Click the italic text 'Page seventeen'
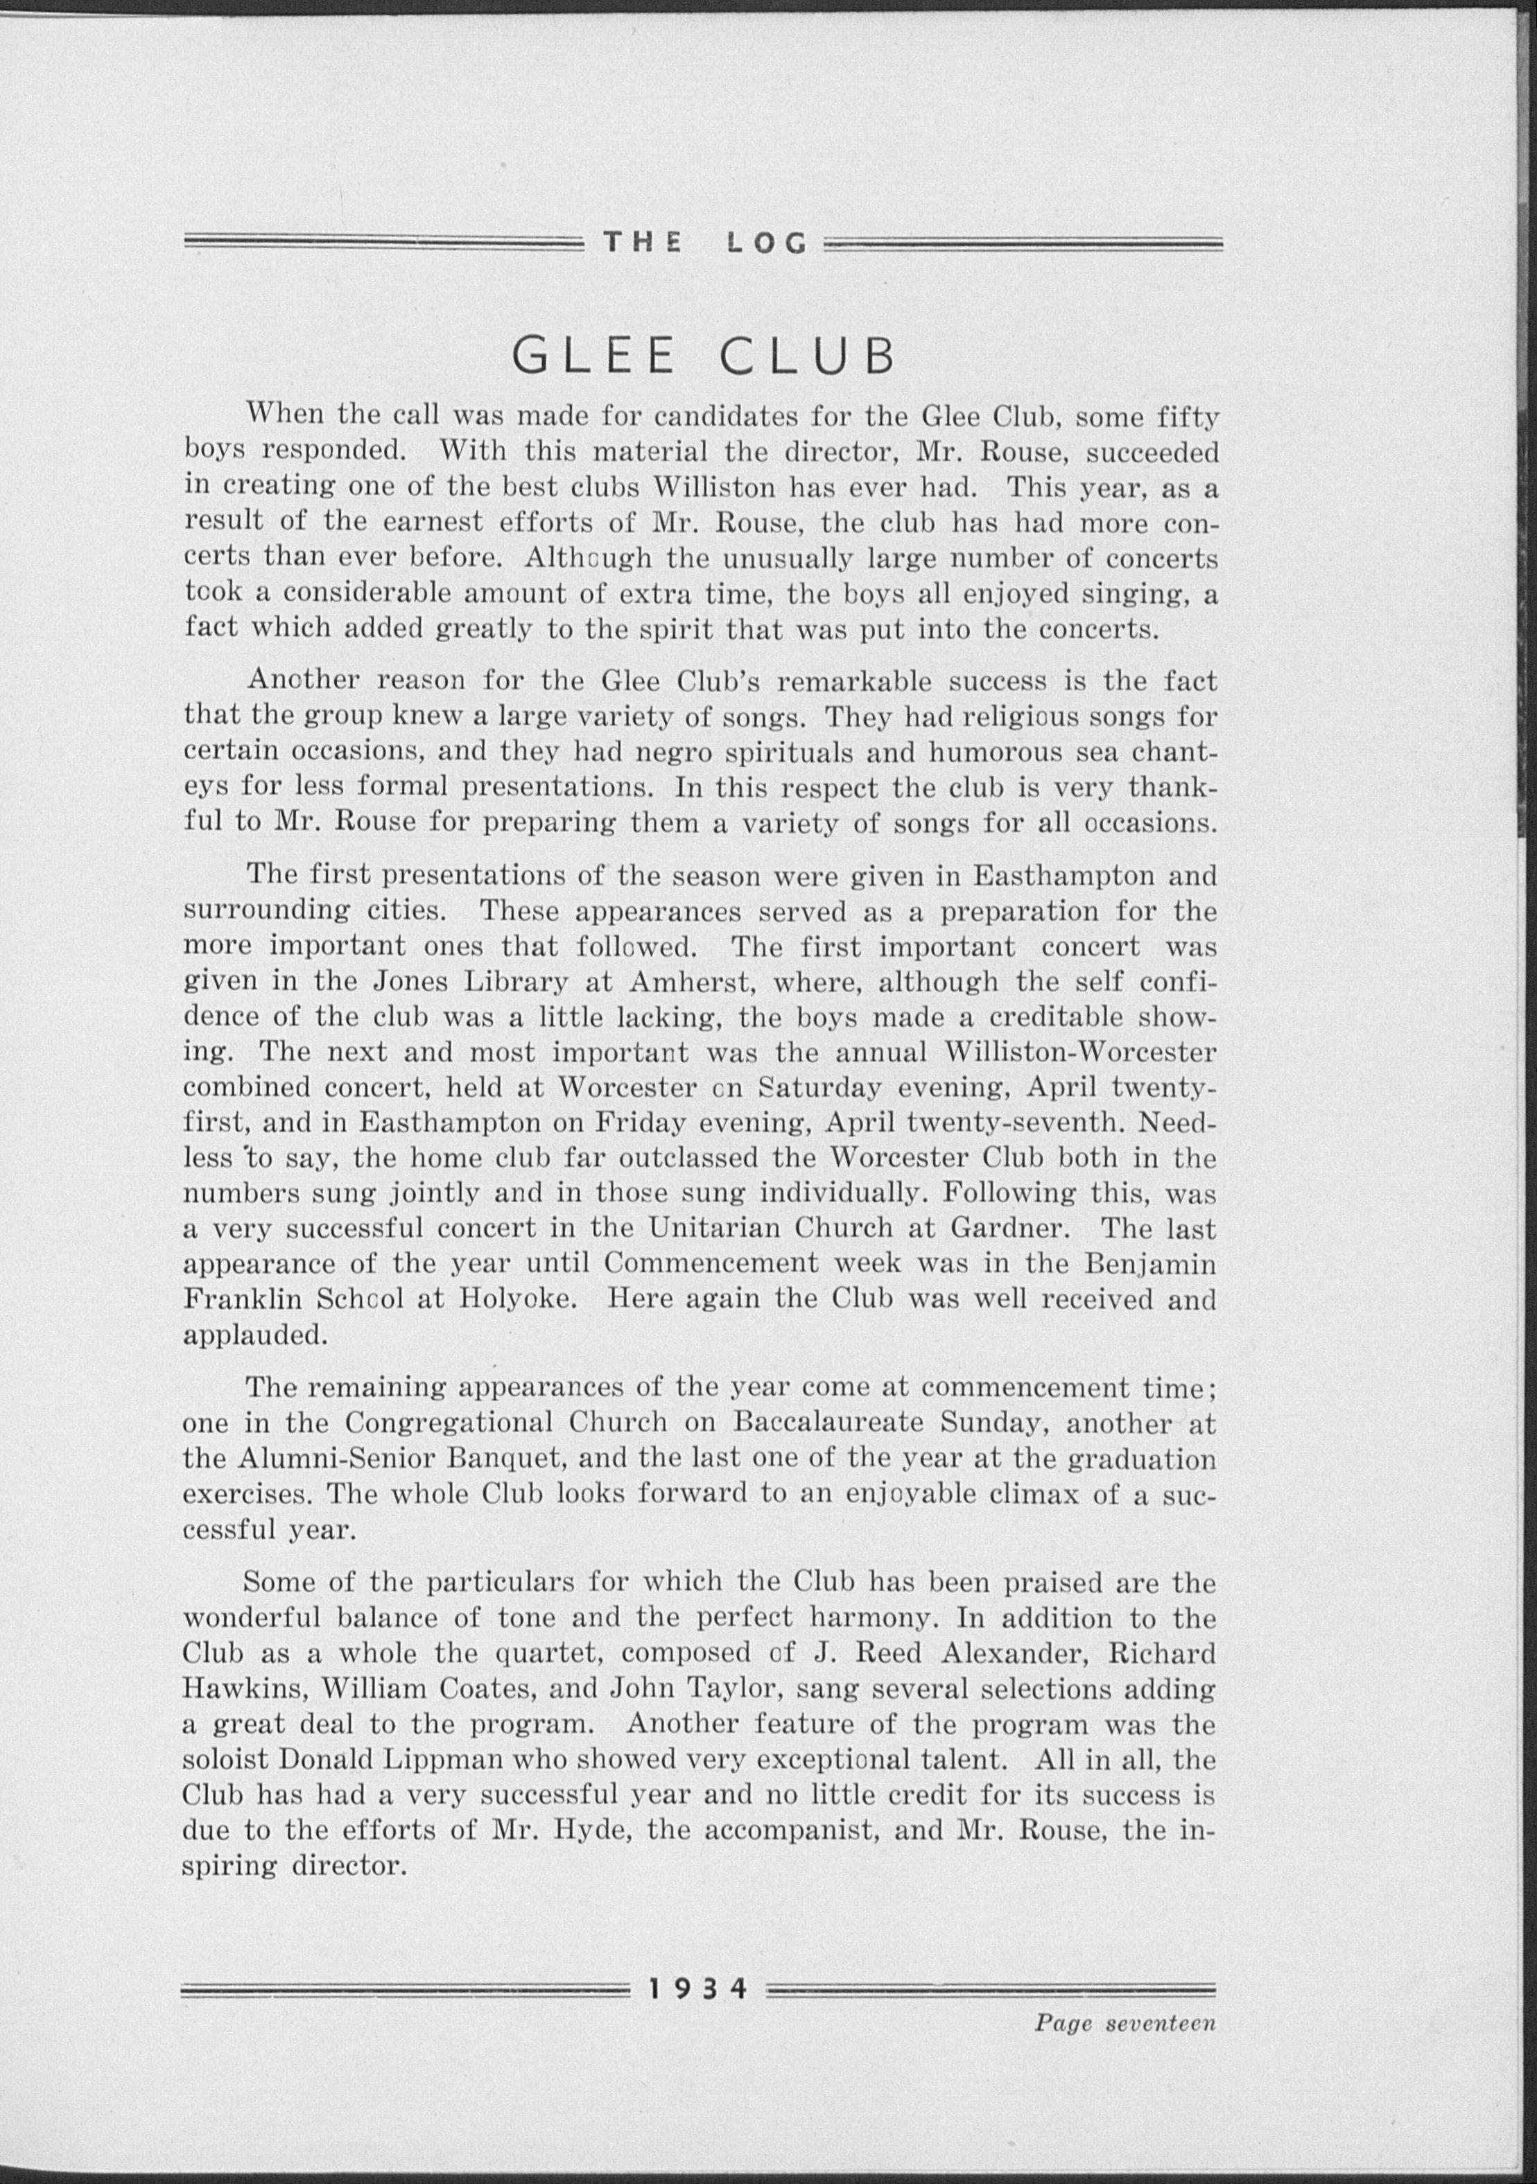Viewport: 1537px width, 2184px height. [1125, 2023]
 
